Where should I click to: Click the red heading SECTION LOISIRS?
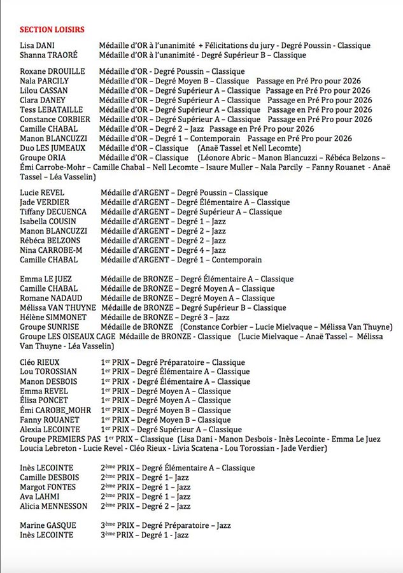[x=52, y=29]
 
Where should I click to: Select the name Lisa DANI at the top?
[x=37, y=46]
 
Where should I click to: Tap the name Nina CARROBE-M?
[x=51, y=250]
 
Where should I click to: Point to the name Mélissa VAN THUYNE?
[x=58, y=308]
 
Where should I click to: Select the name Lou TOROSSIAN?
[x=48, y=372]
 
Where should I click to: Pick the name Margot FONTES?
[x=48, y=487]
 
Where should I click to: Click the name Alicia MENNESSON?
[x=53, y=506]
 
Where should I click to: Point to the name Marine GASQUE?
[x=48, y=525]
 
